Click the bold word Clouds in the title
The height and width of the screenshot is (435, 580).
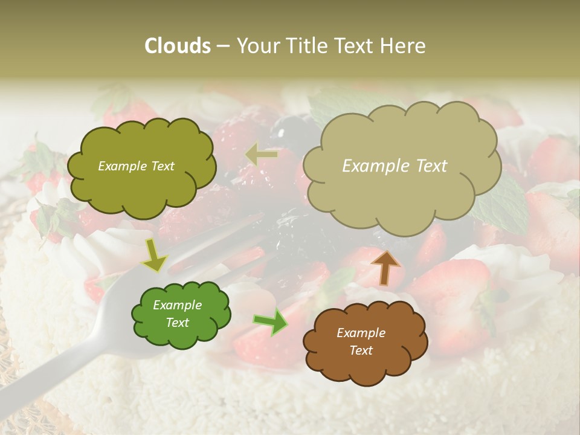[176, 46]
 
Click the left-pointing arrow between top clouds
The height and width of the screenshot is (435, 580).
[261, 155]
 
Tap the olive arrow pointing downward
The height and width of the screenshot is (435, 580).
[155, 256]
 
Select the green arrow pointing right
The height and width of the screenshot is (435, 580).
[271, 323]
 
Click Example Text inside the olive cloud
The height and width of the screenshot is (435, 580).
[136, 166]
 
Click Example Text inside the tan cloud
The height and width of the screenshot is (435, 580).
[395, 166]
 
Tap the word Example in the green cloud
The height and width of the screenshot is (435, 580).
[177, 305]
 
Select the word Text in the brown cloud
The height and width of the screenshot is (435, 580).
[361, 350]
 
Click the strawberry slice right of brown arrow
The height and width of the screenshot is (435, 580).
[447, 284]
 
